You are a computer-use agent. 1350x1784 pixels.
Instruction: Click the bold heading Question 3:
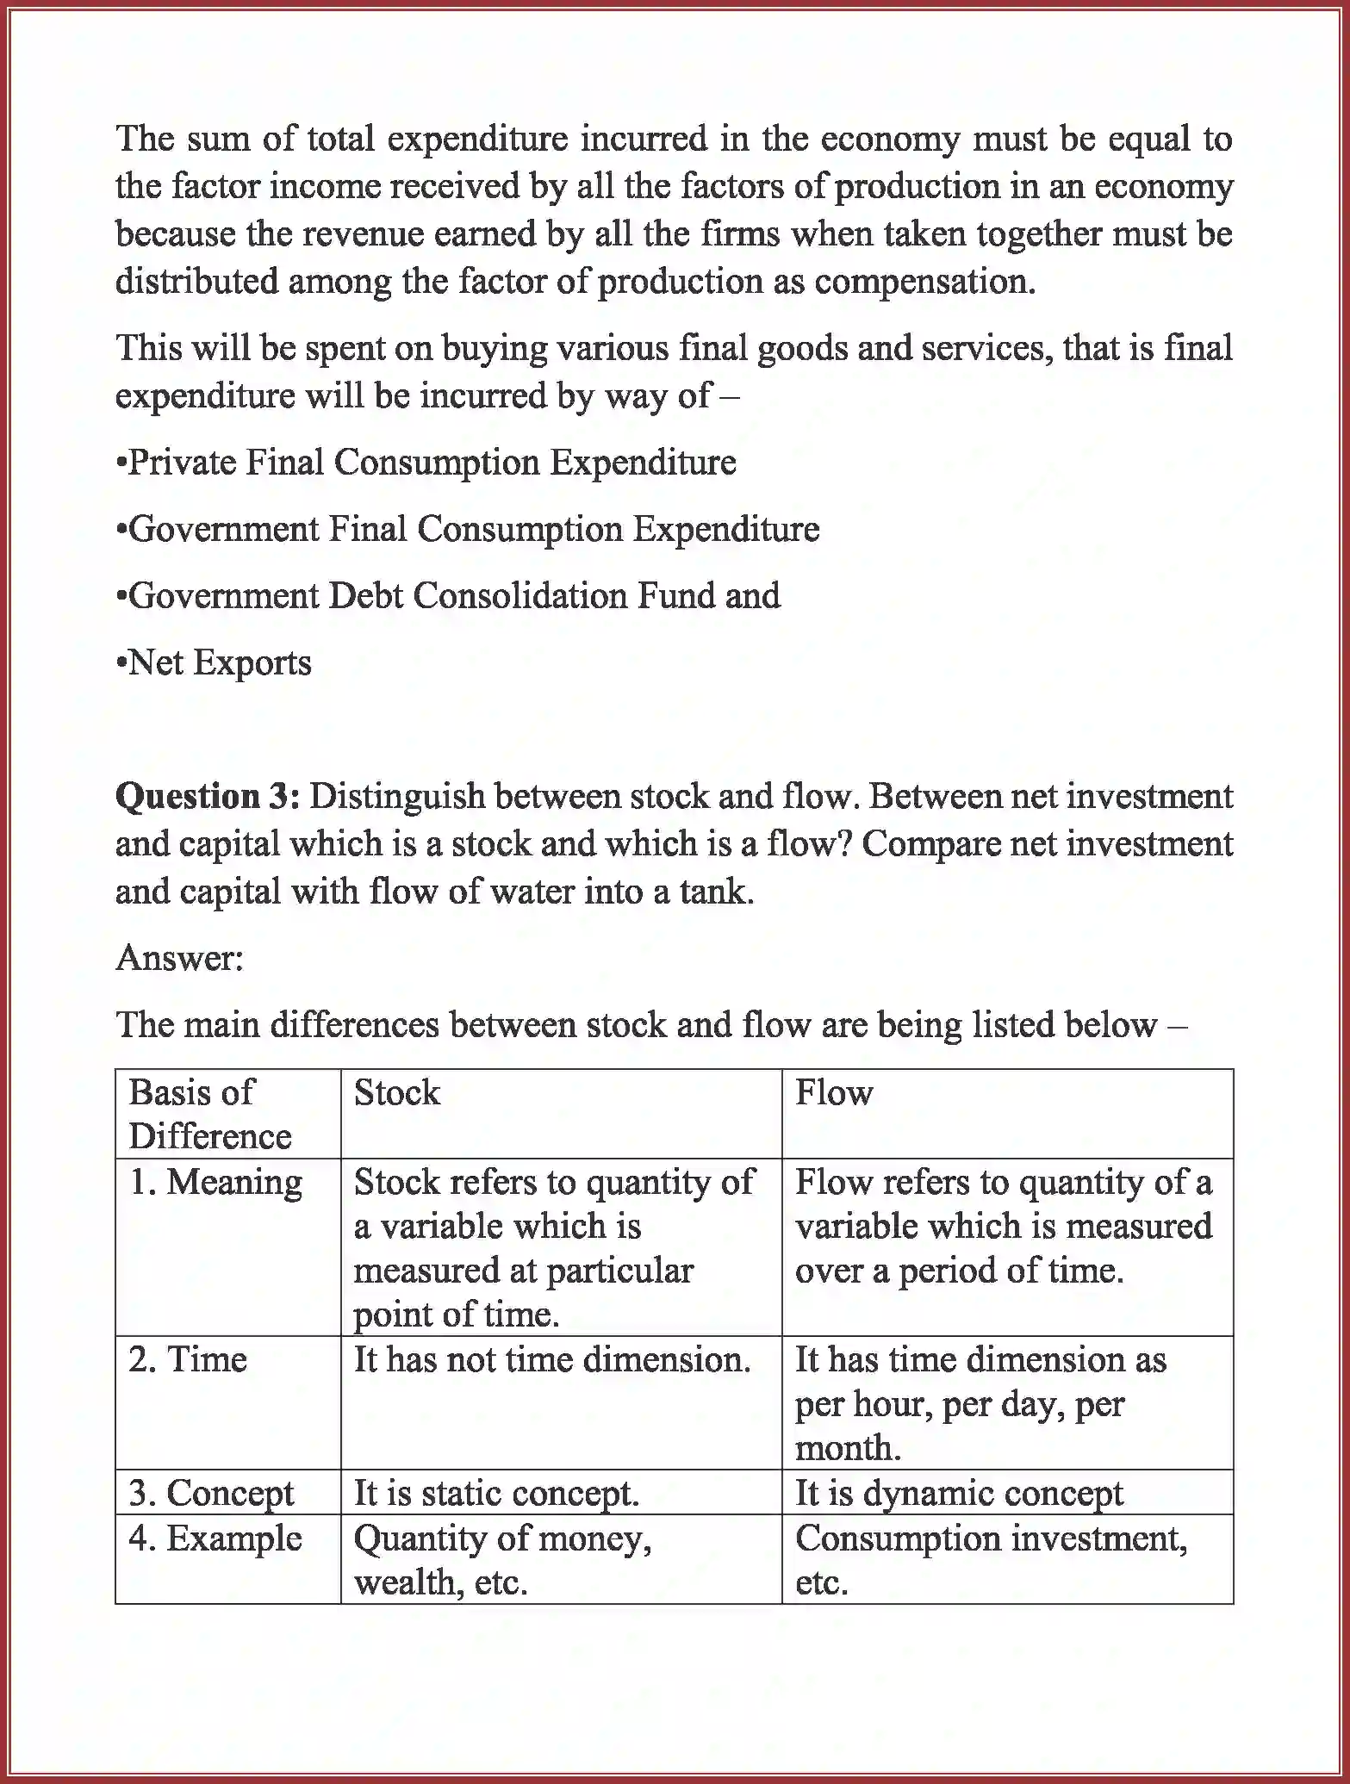coord(207,795)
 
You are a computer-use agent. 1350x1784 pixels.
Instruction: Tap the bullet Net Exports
coord(214,662)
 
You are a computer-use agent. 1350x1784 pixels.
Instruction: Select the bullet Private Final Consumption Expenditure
coord(426,463)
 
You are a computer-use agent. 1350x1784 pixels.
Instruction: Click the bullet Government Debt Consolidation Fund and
coord(448,596)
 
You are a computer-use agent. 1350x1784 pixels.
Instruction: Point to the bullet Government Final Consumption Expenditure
coord(467,529)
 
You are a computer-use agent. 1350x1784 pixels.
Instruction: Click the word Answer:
coord(180,957)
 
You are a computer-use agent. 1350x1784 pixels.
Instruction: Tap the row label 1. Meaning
coord(215,1182)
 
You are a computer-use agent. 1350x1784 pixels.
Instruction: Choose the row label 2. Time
coord(188,1359)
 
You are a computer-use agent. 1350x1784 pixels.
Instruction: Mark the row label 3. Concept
coord(212,1493)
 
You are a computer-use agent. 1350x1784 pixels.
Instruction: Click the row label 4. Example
coord(215,1538)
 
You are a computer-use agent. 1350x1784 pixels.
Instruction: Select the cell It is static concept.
coord(496,1493)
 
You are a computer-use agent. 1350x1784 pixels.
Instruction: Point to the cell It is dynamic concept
coord(958,1493)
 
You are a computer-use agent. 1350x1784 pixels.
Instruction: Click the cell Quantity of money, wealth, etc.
coord(502,1559)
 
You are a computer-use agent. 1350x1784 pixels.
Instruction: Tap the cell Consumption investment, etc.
coord(991,1559)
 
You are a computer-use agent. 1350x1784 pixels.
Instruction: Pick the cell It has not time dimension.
coord(551,1359)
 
